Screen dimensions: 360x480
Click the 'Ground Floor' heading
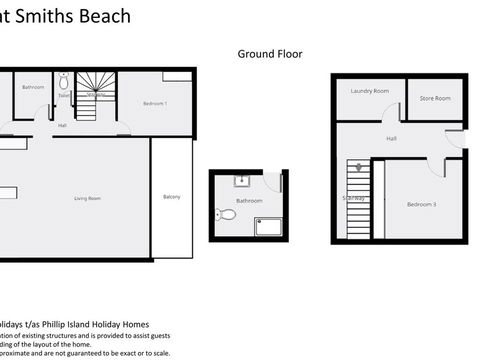tap(269, 54)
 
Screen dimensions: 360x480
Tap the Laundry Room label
tap(369, 91)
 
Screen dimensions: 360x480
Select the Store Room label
tap(435, 98)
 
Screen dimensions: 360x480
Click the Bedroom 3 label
tap(421, 204)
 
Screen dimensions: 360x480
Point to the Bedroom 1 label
tap(155, 104)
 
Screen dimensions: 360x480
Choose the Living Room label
tap(88, 198)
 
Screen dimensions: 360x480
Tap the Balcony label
tap(172, 196)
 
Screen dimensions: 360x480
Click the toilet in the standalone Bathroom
tap(227, 214)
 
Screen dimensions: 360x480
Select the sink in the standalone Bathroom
tap(241, 181)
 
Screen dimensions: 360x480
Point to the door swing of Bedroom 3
tap(436, 166)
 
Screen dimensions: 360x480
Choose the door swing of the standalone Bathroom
tap(274, 183)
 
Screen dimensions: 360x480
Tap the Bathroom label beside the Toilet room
tap(33, 87)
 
